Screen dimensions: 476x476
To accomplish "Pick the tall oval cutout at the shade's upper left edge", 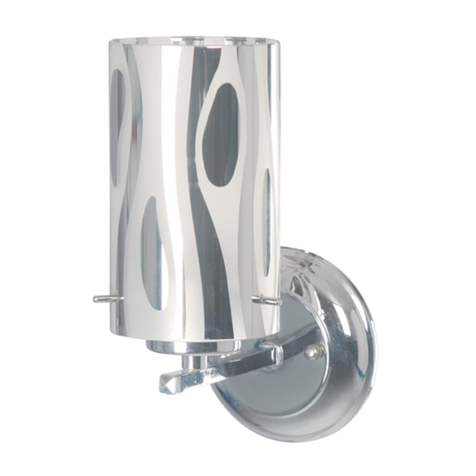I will coord(118,121).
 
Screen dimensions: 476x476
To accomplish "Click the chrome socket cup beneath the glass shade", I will coord(193,346).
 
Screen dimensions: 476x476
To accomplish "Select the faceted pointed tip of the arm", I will coord(167,384).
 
